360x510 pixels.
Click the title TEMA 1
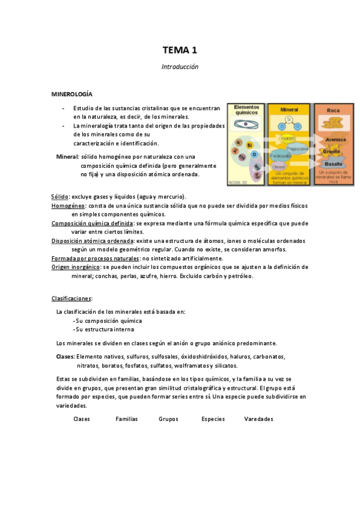[180, 51]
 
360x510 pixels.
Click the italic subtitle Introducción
[180, 67]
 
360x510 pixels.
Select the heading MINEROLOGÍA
[72, 95]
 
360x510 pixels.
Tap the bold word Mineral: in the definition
[67, 156]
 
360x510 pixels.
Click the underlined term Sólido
[59, 197]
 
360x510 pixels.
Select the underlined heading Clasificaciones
[72, 298]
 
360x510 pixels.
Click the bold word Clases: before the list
[65, 357]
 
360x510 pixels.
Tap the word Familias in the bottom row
[126, 419]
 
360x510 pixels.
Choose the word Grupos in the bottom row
[168, 419]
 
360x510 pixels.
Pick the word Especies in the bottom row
[213, 419]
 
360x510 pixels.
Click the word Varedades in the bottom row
[259, 419]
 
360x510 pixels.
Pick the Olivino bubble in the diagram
[278, 167]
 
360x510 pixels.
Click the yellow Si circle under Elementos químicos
[248, 146]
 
